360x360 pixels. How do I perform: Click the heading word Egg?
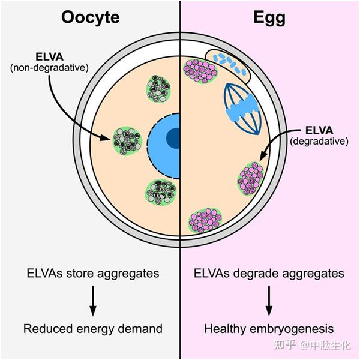click(x=268, y=17)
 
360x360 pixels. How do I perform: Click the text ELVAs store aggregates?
click(x=92, y=274)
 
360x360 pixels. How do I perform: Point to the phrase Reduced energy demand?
click(x=93, y=328)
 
